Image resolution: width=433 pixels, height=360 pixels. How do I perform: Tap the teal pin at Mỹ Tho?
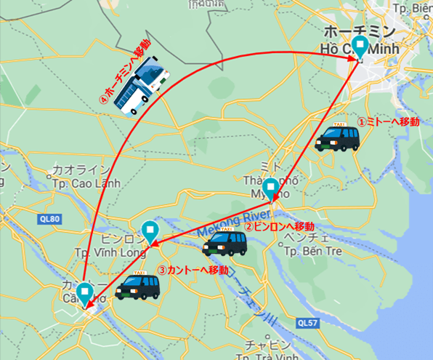coord(270,188)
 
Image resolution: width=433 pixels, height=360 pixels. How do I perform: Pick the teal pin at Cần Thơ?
coord(85,292)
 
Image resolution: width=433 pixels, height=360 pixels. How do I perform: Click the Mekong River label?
coord(237,223)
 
